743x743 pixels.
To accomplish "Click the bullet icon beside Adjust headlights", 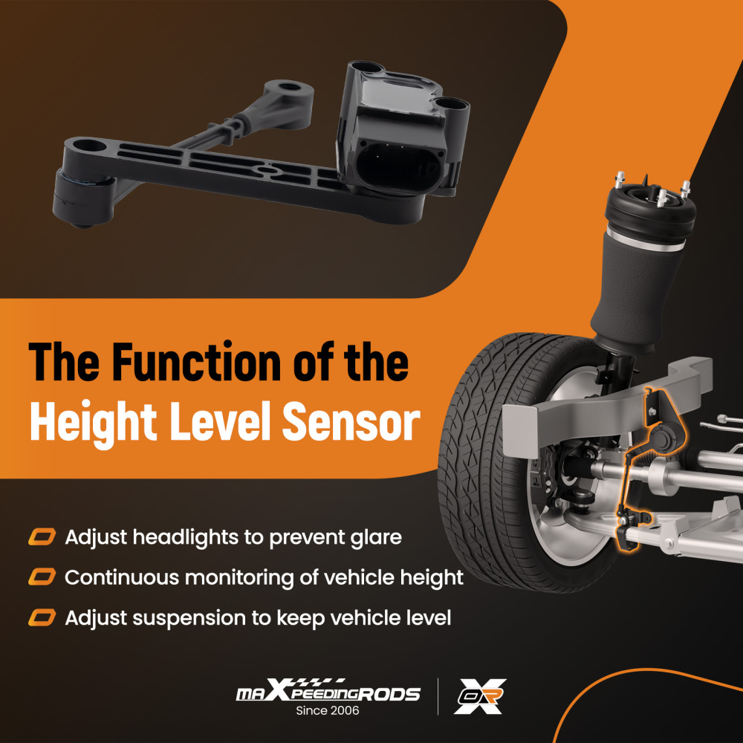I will pyautogui.click(x=42, y=536).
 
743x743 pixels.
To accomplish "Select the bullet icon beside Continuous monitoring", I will pyautogui.click(x=42, y=577).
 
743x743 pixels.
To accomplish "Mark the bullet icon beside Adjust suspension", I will pyautogui.click(x=42, y=617).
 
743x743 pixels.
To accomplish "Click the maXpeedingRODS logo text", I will pyautogui.click(x=328, y=693).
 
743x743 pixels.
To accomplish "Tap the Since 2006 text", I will pyautogui.click(x=328, y=711).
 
